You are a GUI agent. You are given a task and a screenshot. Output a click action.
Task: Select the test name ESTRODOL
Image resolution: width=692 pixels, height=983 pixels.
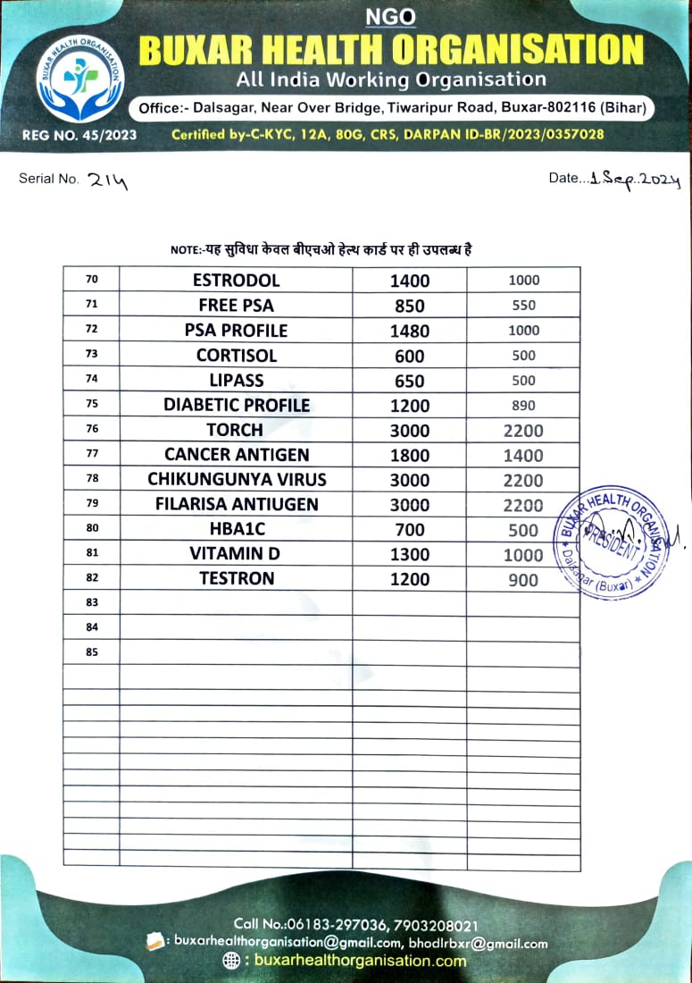point(236,281)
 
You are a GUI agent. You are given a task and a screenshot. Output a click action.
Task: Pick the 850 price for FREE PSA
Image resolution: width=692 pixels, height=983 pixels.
point(409,306)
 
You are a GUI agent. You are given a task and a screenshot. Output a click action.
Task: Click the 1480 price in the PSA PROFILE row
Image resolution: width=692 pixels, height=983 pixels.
point(409,331)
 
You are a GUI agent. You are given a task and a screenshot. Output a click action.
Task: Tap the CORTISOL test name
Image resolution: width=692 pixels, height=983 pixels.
point(236,356)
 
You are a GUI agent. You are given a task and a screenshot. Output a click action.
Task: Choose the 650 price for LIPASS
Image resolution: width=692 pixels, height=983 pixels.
point(409,381)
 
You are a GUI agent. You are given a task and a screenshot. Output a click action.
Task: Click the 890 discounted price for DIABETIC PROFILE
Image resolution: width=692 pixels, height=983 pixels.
point(523,406)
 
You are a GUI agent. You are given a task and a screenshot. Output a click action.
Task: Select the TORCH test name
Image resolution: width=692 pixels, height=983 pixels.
point(236,430)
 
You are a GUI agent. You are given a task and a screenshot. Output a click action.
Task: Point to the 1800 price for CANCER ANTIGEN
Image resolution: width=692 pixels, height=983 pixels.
point(409,455)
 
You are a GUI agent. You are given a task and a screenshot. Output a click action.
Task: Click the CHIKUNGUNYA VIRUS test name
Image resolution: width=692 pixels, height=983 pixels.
point(236,480)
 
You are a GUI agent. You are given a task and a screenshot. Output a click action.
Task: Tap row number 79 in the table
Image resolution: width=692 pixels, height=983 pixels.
point(92,504)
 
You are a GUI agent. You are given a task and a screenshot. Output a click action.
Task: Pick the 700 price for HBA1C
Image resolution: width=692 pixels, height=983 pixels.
point(409,530)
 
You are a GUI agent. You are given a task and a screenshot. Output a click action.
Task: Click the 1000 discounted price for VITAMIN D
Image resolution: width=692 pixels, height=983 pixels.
point(523,555)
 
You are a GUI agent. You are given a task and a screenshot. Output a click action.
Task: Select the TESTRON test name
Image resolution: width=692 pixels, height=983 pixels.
point(236,579)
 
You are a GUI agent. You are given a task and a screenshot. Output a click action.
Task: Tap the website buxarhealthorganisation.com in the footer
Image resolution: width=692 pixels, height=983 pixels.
point(360,961)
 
